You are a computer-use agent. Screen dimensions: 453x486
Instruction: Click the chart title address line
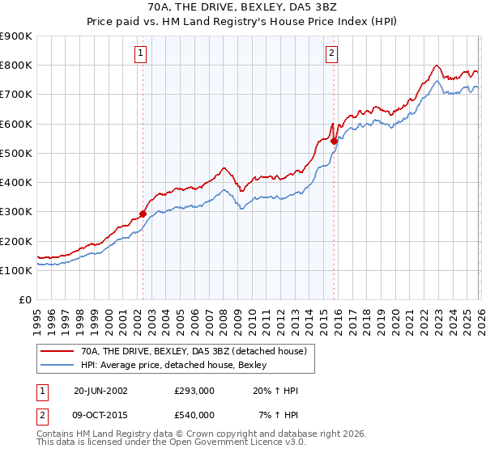pos(243,8)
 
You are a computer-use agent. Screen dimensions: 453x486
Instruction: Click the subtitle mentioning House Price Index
pos(243,23)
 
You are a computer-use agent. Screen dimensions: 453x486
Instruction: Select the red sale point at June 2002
pos(143,214)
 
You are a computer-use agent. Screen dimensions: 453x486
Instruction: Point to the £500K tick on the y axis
pos(16,153)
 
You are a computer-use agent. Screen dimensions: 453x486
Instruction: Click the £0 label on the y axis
pos(25,299)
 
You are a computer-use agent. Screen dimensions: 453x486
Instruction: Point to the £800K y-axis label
pos(16,65)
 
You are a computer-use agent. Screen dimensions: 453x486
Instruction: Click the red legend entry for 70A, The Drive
pos(194,352)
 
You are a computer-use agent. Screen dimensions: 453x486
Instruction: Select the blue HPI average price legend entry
pos(178,366)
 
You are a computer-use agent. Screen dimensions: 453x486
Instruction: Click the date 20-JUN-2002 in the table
pos(100,391)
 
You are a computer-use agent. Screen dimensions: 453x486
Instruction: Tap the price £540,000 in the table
pos(194,415)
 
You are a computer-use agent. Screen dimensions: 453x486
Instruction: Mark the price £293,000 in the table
pos(194,391)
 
